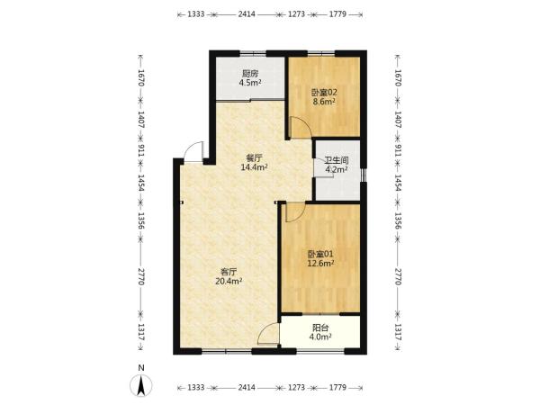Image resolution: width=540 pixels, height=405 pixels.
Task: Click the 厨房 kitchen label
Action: pos(250,74)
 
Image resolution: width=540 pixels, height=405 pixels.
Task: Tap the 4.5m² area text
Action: pos(250,83)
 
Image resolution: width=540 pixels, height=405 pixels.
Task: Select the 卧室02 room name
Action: pos(324,93)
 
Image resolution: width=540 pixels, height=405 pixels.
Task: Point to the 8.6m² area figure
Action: pos(324,102)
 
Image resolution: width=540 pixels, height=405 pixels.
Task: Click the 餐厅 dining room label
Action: pos(254,158)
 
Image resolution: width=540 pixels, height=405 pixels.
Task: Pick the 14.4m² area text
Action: pos(254,167)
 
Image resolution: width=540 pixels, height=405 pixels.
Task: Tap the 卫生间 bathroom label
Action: pos(337,160)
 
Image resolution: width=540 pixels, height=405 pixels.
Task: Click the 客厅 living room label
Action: pos(229,272)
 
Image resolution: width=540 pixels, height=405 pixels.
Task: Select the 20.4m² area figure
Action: pos(229,281)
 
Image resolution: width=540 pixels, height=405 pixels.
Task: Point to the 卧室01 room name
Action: pos(320,254)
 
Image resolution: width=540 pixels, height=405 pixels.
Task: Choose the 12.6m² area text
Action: pos(320,264)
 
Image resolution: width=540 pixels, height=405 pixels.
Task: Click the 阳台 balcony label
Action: pos(320,328)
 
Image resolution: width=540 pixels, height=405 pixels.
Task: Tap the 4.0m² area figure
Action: pos(320,337)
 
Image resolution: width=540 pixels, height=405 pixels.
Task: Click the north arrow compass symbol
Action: pos(141,386)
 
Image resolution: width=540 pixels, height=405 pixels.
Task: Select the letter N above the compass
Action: pos(141,368)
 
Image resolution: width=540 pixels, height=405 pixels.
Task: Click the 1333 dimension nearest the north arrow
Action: pos(196,387)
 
